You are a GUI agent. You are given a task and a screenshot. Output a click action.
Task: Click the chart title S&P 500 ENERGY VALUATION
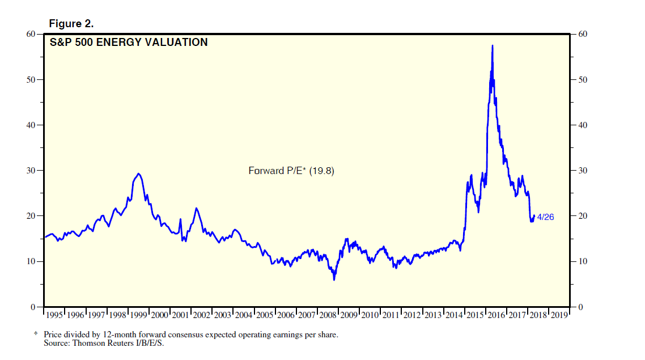point(129,43)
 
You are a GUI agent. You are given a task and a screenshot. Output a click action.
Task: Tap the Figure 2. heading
point(71,23)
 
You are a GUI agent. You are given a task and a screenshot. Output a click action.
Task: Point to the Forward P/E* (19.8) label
point(291,170)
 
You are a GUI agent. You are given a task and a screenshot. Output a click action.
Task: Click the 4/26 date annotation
point(545,217)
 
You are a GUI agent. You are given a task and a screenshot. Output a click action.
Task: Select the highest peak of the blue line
point(492,45)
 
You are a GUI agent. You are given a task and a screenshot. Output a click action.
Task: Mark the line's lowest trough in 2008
point(334,279)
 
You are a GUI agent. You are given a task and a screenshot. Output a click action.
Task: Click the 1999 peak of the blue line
point(139,173)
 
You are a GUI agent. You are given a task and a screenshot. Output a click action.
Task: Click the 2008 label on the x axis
point(328,315)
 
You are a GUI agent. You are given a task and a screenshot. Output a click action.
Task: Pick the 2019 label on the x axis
point(558,315)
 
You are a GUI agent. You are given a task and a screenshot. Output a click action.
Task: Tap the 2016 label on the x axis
point(495,315)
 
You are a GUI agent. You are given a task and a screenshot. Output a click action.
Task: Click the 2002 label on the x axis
point(202,315)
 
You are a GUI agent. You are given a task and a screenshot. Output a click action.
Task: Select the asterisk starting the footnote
point(36,334)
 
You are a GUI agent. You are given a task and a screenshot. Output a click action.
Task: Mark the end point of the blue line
point(534,215)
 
